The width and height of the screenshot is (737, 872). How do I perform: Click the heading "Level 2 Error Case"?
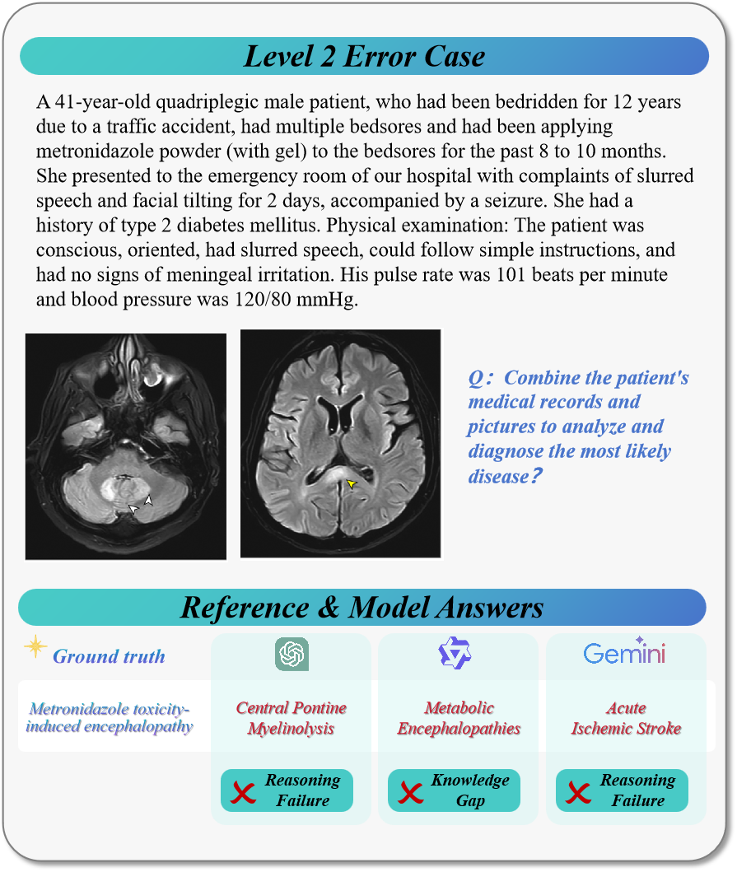coord(364,56)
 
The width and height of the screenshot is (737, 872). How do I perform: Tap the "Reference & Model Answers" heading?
coord(362,608)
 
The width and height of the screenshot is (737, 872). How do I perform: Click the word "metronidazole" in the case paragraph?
coord(89,152)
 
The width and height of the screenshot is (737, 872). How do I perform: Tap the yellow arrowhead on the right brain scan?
coord(352,484)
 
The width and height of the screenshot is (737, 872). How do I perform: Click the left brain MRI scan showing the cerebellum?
coord(126,446)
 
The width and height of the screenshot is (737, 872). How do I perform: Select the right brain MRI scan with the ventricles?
coord(341,443)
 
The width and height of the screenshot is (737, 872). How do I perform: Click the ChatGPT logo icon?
coord(292,655)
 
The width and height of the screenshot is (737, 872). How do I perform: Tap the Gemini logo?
coord(625,653)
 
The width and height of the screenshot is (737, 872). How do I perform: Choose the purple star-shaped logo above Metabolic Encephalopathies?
coord(455,653)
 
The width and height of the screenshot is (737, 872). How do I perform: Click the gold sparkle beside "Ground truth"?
coord(35,647)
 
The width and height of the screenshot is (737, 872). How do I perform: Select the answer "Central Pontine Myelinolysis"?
coord(292,718)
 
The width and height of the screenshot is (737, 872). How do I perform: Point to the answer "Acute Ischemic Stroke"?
coord(626,718)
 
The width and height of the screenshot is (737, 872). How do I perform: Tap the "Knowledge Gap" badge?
coord(454,790)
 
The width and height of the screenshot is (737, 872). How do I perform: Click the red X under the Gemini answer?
coord(578,792)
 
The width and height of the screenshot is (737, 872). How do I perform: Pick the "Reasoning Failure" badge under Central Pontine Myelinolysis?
coord(287,790)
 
